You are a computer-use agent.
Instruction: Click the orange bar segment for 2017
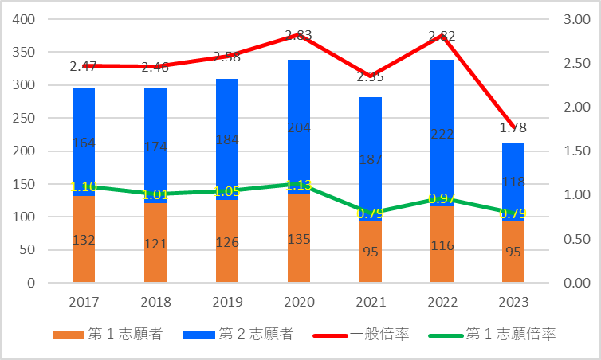[84, 239]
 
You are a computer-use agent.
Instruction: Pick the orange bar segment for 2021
[370, 251]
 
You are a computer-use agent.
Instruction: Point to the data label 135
[298, 238]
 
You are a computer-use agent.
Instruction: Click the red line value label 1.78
[513, 127]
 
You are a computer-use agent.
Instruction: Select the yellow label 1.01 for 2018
[155, 194]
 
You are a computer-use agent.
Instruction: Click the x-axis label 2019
[226, 303]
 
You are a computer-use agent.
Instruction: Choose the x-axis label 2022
[442, 303]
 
